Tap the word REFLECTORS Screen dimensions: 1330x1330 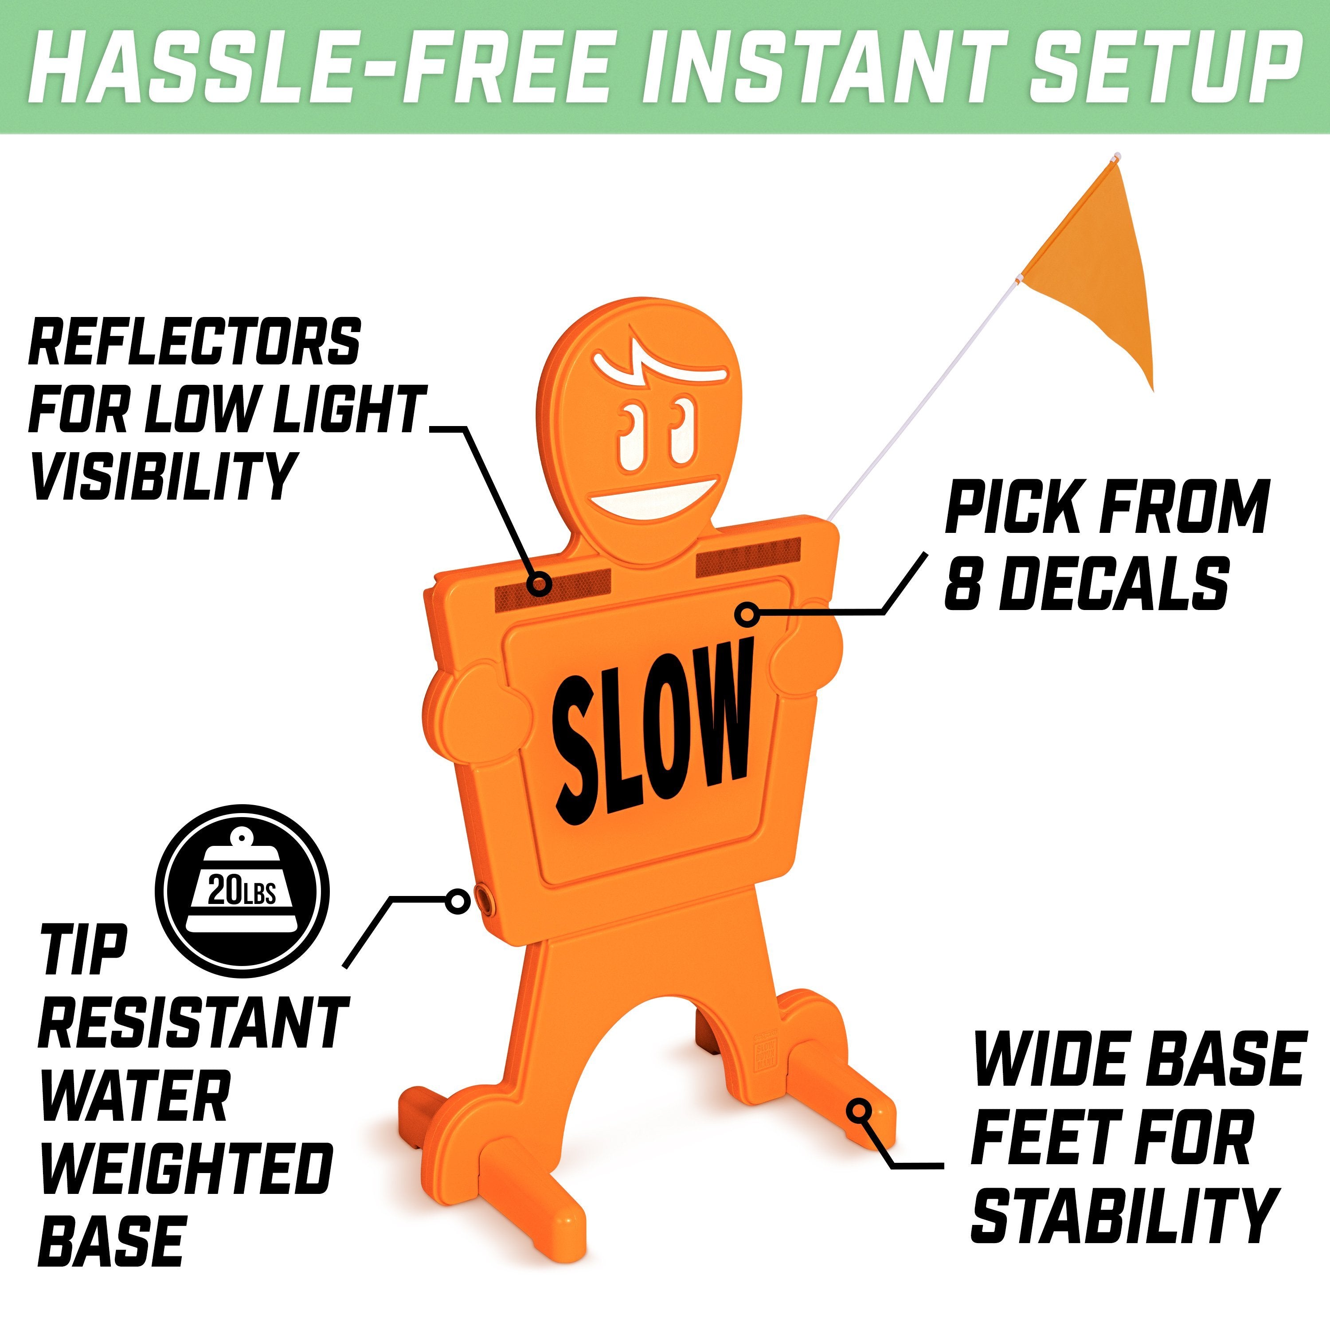click(195, 342)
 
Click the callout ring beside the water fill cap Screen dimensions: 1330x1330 click(457, 900)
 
